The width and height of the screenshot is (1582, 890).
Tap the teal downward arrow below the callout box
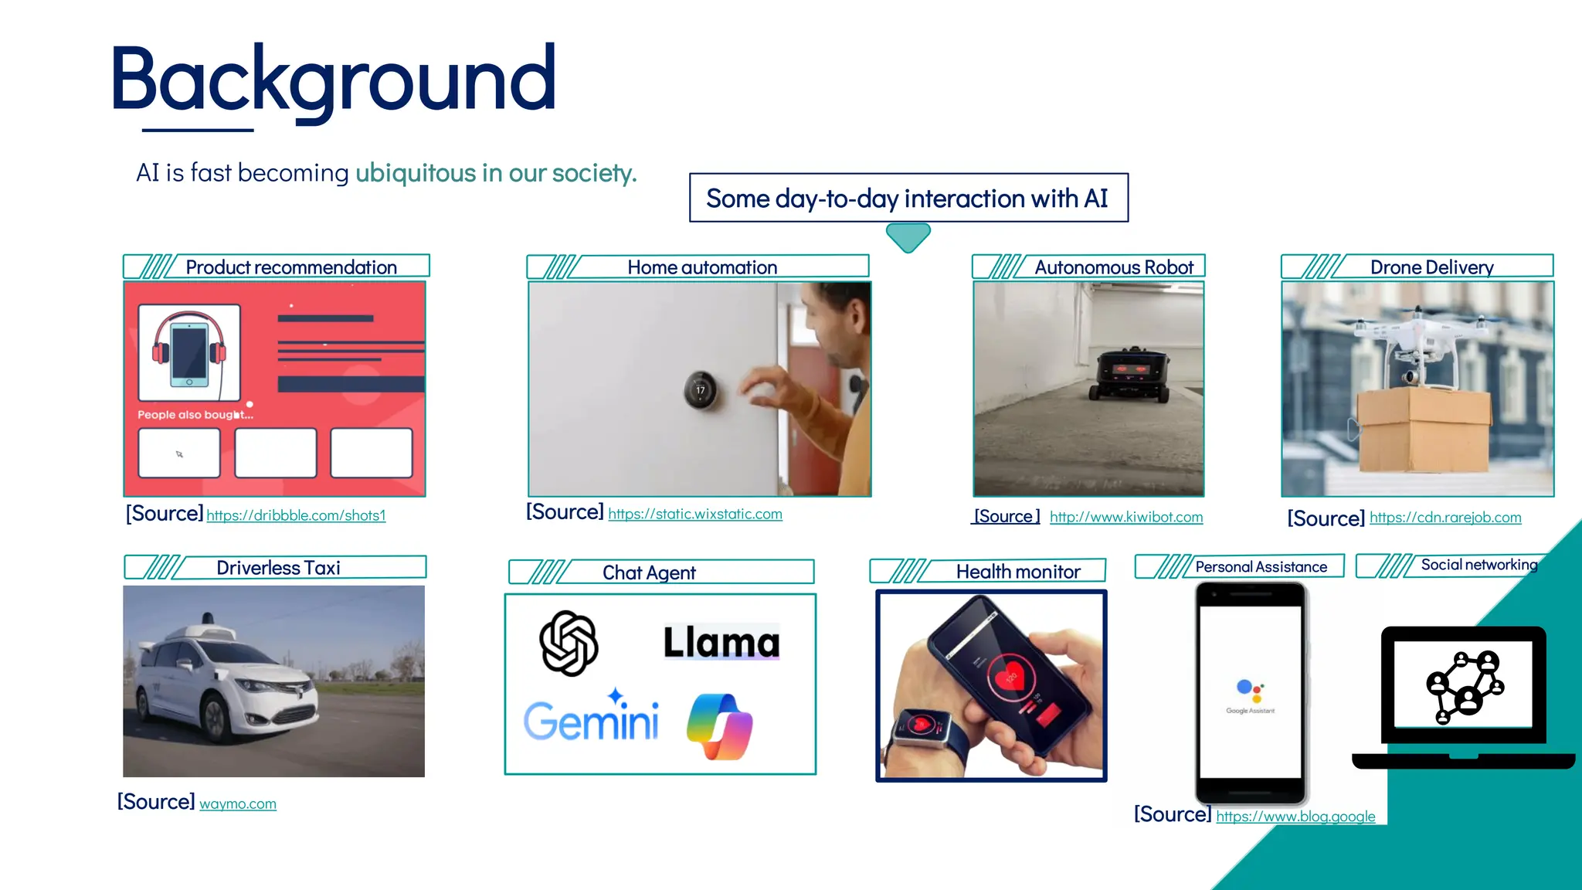pyautogui.click(x=908, y=236)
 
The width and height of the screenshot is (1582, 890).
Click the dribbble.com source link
pyautogui.click(x=296, y=515)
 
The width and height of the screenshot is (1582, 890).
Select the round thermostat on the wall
pyautogui.click(x=700, y=390)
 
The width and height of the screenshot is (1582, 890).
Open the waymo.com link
pyautogui.click(x=237, y=803)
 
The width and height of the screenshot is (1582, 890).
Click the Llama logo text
pyautogui.click(x=721, y=642)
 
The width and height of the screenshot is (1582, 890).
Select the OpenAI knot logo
pyautogui.click(x=569, y=643)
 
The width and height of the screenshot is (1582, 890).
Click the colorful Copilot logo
pyautogui.click(x=719, y=726)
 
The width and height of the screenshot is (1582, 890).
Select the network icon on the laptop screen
pyautogui.click(x=1463, y=685)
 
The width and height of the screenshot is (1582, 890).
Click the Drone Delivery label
pyautogui.click(x=1431, y=267)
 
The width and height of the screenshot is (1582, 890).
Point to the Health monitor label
pyautogui.click(x=1017, y=572)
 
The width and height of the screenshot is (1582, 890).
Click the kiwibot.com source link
pyautogui.click(x=1125, y=517)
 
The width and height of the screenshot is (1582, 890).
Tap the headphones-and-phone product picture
pyautogui.click(x=189, y=352)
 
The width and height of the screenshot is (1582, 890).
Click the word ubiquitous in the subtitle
pyautogui.click(x=416, y=173)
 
